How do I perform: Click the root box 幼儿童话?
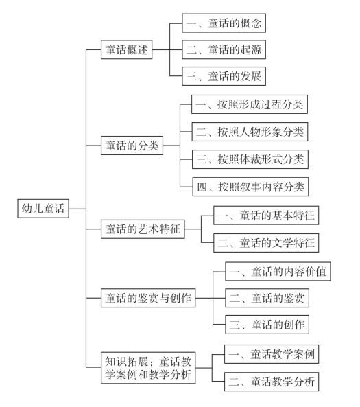coord(43,209)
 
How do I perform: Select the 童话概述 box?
coord(127,49)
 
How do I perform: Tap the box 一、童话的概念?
coord(224,23)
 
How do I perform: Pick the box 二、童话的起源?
coord(224,49)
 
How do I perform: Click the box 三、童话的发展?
coord(224,76)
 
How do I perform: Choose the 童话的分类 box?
coord(132,146)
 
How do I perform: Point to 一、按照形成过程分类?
coord(250,104)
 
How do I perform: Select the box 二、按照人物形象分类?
coord(250,132)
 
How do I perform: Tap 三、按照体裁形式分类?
coord(250,159)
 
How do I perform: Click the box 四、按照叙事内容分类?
coord(250,187)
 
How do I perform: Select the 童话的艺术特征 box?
coord(143,229)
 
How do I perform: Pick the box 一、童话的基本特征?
coord(266,216)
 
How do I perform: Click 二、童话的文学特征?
coord(266,243)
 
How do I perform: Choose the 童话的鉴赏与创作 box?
coord(148,298)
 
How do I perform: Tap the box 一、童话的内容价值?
coord(278,272)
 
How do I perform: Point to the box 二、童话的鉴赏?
coord(267,298)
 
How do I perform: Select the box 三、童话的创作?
coord(267,325)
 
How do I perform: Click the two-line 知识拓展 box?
coord(148,368)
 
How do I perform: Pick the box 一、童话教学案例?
coord(272,354)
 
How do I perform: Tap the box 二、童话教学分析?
coord(272,382)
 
